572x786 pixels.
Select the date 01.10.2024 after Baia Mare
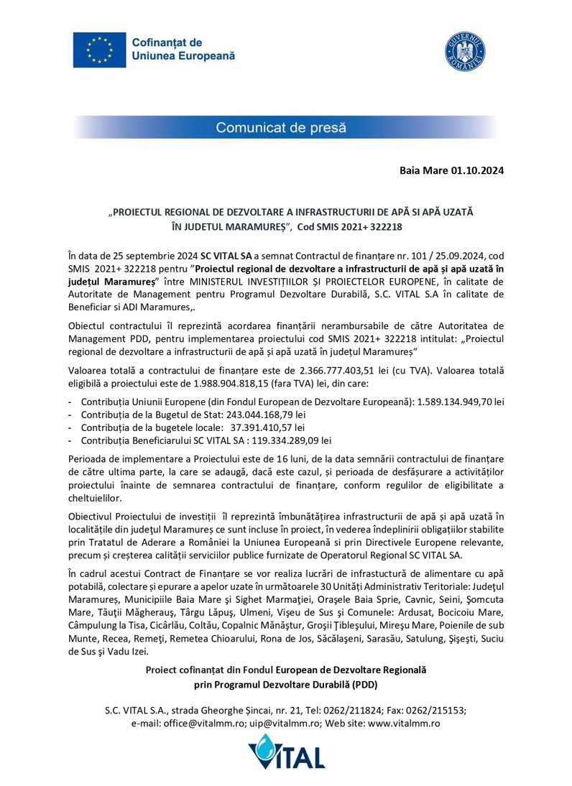click(x=477, y=171)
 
